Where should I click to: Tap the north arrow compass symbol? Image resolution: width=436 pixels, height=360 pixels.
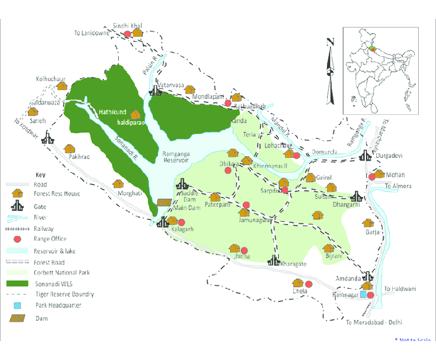[330, 70]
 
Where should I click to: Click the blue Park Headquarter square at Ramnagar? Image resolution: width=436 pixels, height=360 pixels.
[363, 295]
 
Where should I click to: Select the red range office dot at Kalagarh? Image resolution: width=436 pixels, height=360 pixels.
[182, 223]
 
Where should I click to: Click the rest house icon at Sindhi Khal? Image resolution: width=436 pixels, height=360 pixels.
[138, 33]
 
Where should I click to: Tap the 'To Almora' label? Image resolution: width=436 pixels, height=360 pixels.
[398, 186]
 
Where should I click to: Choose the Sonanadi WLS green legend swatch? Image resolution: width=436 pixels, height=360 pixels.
[18, 284]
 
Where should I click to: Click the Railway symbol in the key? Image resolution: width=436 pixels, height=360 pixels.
[18, 228]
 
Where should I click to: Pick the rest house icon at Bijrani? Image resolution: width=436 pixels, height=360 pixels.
[328, 249]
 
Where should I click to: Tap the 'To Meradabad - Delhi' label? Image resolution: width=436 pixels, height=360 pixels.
[375, 323]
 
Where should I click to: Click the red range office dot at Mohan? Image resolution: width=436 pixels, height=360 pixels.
[372, 177]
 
